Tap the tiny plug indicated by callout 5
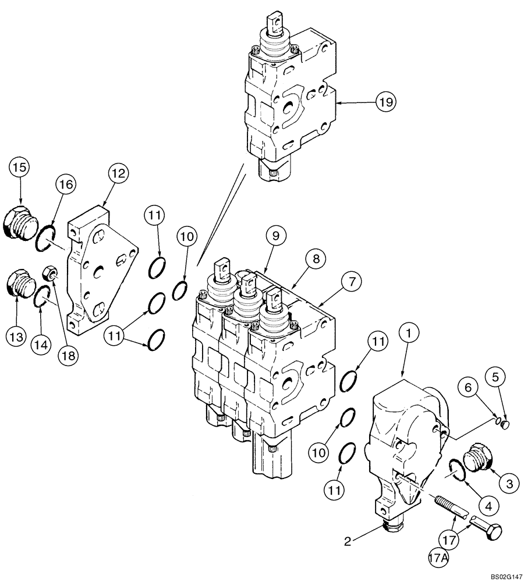click(505, 424)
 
